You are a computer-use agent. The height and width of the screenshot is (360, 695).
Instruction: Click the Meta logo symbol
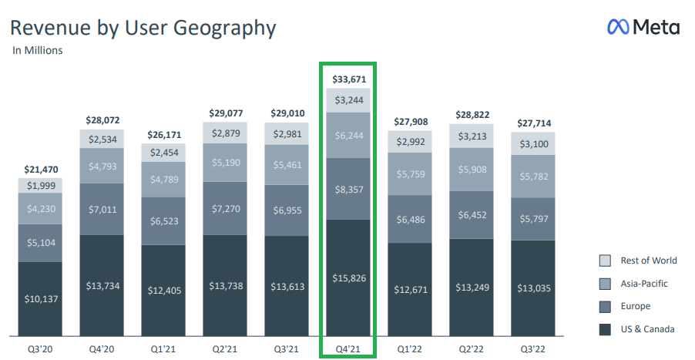(618, 28)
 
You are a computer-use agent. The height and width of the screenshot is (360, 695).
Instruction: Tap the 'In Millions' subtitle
(38, 51)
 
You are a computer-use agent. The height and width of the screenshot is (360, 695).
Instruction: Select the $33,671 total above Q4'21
(348, 79)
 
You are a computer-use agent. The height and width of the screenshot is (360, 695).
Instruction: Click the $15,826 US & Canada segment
(348, 278)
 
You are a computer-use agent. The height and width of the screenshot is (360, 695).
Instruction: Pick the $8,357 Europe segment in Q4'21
(348, 189)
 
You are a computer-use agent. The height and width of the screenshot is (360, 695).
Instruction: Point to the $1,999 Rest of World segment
(40, 186)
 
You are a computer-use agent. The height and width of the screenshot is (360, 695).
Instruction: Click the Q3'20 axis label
(40, 349)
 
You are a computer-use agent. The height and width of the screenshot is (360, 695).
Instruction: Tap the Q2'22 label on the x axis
(472, 349)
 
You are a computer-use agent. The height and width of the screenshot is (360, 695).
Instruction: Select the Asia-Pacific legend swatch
(605, 283)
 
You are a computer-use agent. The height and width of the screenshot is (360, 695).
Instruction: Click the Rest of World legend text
(649, 261)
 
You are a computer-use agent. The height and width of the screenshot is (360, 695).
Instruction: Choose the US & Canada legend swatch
(605, 329)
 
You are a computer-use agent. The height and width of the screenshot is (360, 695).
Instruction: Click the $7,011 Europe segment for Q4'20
(102, 209)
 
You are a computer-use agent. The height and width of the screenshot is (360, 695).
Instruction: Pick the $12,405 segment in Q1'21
(163, 290)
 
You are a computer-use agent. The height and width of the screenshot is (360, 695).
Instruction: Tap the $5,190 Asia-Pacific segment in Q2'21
(225, 163)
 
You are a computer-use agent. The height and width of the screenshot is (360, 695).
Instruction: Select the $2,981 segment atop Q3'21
(287, 134)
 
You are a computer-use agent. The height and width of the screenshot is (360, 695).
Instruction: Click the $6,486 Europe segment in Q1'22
(410, 219)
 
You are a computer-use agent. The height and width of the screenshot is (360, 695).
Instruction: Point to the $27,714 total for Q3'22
(533, 123)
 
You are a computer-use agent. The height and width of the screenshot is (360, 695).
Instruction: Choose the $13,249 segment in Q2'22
(472, 288)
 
